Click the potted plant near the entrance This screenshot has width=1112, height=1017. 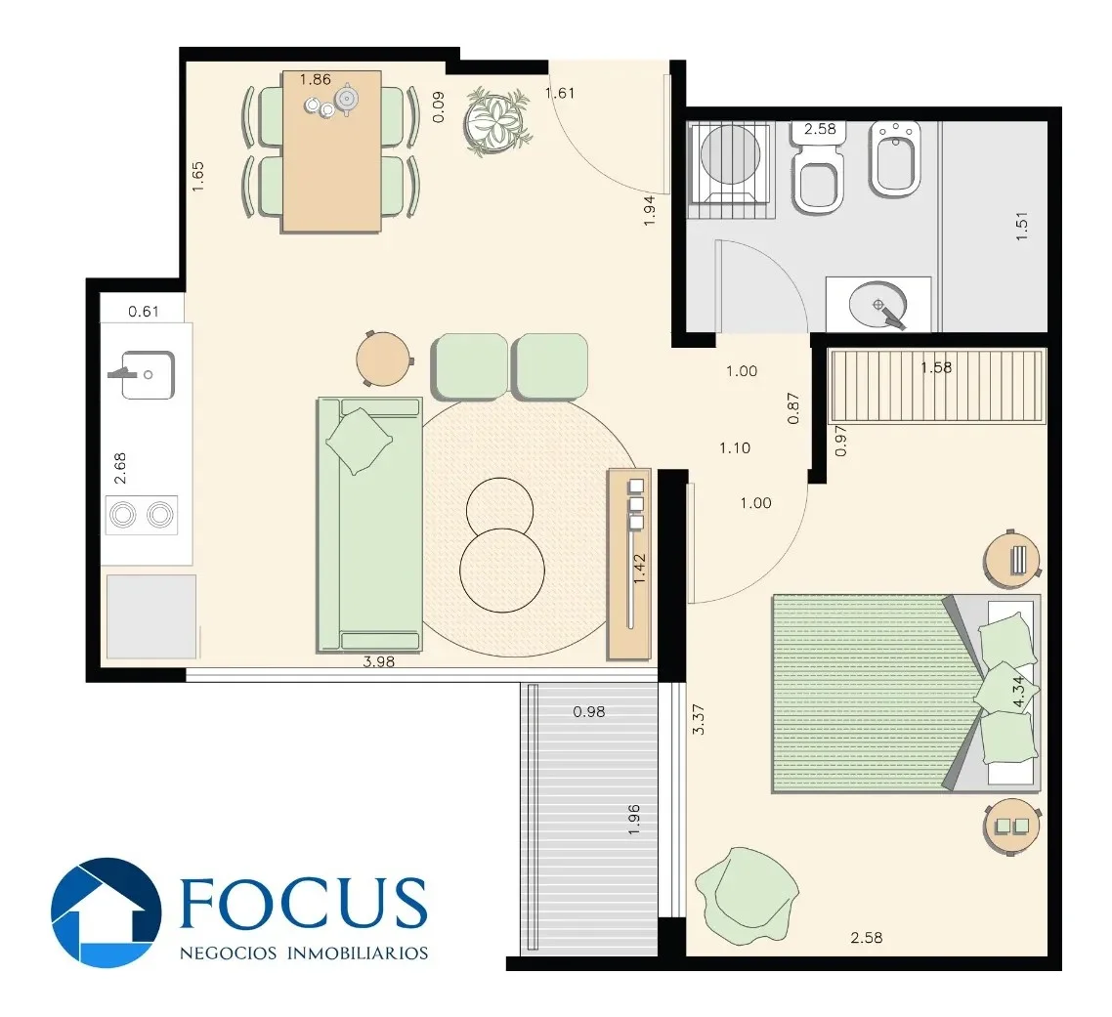point(497,120)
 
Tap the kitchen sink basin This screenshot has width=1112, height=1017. point(148,374)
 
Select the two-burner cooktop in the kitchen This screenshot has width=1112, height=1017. point(141,515)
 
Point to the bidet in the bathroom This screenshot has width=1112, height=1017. point(895,158)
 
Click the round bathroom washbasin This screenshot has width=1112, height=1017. point(877,305)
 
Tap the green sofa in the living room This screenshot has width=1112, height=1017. point(369,525)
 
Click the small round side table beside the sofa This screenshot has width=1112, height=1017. point(384,359)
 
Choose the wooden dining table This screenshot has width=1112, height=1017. point(332,151)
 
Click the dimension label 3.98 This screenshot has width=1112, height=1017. point(379,661)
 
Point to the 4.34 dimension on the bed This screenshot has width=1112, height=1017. point(1018,692)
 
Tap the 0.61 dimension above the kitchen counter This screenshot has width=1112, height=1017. point(144,312)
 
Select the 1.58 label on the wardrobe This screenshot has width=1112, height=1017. point(936,367)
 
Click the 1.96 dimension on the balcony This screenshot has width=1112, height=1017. point(634,819)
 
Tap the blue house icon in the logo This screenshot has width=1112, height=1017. point(107,912)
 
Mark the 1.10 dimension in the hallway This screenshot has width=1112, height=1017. point(735,448)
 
